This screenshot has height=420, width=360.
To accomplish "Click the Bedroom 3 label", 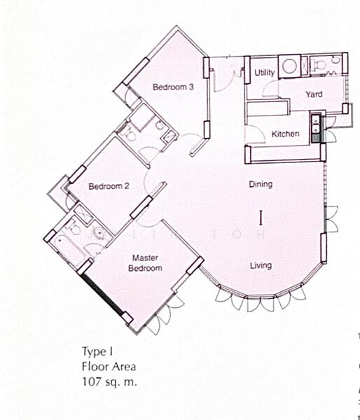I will [172, 87].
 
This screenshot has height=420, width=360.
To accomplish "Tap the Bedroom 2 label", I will [109, 186].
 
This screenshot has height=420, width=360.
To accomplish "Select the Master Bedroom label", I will [147, 263].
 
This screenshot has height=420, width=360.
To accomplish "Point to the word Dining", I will [261, 185].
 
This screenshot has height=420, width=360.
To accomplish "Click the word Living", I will [261, 265].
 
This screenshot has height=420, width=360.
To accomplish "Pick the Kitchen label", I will [285, 134].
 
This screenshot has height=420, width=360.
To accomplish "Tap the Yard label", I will [313, 94].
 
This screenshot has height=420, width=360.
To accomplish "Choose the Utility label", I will [264, 73].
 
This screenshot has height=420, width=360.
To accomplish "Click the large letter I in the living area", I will [261, 217].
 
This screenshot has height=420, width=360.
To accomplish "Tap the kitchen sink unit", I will [317, 126].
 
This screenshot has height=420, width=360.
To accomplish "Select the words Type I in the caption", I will [96, 352].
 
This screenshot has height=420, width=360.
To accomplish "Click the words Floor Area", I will [107, 367].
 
